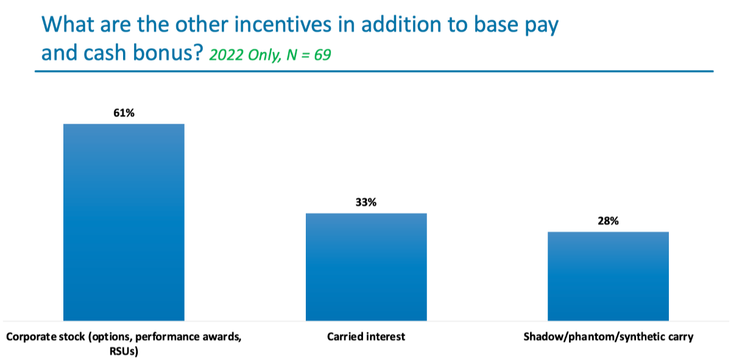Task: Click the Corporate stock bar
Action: point(124,222)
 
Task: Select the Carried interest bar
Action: point(366,267)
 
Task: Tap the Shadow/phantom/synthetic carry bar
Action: point(608,276)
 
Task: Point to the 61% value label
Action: point(124,113)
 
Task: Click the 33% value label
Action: point(366,202)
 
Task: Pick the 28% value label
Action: point(608,221)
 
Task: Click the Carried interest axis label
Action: point(366,336)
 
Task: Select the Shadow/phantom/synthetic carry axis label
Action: point(609,337)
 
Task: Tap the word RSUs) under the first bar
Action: point(124,351)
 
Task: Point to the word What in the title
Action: point(68,24)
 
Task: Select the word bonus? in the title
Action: point(168,52)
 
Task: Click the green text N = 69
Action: point(309,54)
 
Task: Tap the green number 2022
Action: point(226,54)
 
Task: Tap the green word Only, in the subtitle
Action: point(264,55)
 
